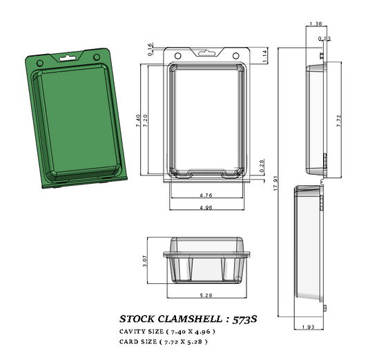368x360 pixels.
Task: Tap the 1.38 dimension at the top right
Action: tap(316, 24)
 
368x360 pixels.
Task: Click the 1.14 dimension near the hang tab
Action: tap(264, 57)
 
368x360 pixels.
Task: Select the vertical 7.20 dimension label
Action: tap(146, 122)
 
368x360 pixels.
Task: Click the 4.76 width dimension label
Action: tap(205, 196)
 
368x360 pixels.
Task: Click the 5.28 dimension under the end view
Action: tap(205, 296)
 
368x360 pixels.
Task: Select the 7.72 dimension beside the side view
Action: tap(338, 120)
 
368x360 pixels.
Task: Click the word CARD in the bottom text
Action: tap(131, 341)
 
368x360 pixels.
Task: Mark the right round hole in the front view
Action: tap(237, 55)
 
